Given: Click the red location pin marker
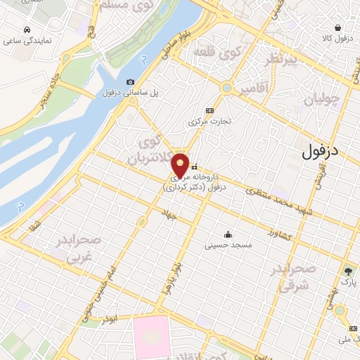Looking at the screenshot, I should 181,166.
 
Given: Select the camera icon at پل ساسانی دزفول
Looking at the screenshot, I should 130,82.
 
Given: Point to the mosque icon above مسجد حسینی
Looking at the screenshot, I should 227,235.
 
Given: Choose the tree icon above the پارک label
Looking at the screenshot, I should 348,271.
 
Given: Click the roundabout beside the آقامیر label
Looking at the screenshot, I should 227,88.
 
